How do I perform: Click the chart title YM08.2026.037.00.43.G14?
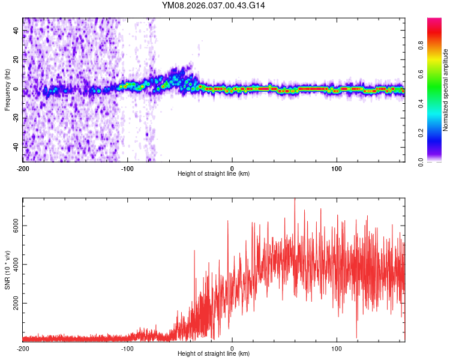point(214,5)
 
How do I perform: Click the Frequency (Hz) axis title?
point(7,90)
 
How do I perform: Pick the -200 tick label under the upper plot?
point(23,168)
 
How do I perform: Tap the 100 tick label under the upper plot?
point(337,168)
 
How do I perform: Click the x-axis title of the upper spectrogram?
point(214,174)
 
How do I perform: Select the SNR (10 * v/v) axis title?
point(7,270)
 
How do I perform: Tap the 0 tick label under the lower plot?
point(232,349)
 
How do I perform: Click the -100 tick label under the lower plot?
point(127,349)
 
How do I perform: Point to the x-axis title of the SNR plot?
point(214,355)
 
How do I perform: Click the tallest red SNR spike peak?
point(295,199)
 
